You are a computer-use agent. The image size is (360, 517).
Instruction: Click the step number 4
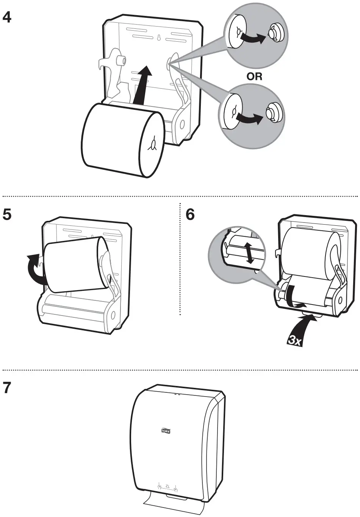pos(7,17)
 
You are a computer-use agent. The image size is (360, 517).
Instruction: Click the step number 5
pos(7,215)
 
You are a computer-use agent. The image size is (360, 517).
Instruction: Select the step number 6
pos(190,215)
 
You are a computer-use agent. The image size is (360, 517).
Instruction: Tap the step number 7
pos(7,389)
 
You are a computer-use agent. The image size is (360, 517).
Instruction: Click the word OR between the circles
pos(254,77)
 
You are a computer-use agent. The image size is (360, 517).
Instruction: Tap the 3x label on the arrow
pos(294,341)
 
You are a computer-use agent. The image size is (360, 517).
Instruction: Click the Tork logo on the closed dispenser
pos(166,431)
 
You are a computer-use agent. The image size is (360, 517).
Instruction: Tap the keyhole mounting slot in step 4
pos(159,38)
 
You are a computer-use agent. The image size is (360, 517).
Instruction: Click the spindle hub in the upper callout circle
pos(273,34)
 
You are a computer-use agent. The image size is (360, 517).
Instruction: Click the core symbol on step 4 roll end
pos(153,144)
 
